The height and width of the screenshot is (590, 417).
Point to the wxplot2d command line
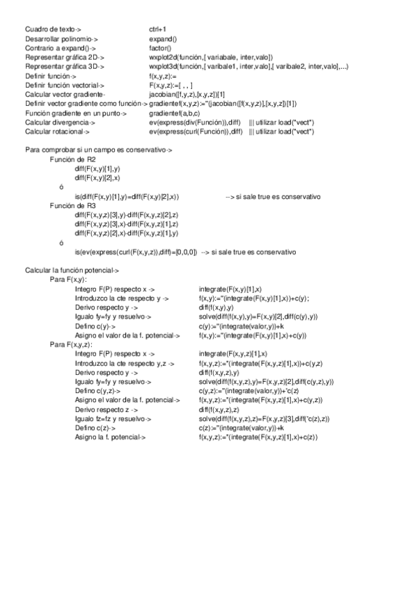tap(211, 58)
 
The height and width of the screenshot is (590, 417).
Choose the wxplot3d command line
tap(249, 67)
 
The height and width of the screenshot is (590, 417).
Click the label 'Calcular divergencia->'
tap(61, 122)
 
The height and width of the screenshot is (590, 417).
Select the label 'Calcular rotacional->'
tap(58, 131)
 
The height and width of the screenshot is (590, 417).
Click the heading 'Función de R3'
tap(72, 206)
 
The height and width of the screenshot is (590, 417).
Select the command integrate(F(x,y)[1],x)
tap(230, 288)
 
